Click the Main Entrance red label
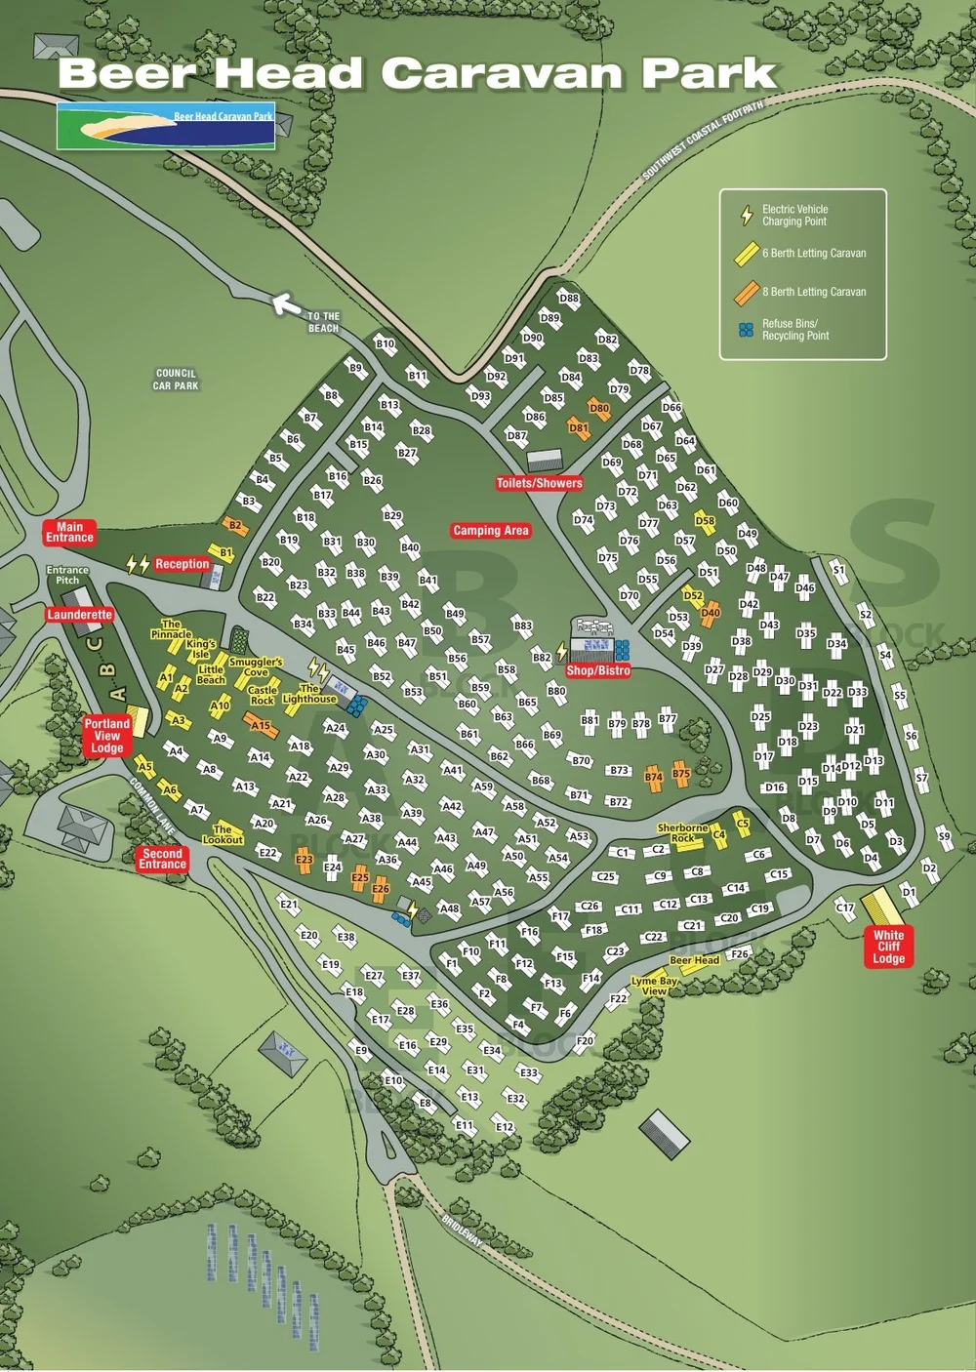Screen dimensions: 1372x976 click(x=69, y=532)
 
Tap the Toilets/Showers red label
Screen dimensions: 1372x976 click(x=539, y=483)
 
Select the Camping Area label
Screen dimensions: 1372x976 click(x=490, y=531)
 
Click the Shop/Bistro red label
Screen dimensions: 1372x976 click(x=598, y=671)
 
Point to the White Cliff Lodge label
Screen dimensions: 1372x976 click(x=888, y=947)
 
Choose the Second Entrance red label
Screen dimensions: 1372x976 click(x=162, y=859)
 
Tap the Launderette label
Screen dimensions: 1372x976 click(x=80, y=615)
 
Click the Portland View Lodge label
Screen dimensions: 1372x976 click(x=106, y=736)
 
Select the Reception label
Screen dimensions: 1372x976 click(x=183, y=564)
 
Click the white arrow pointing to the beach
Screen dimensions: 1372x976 click(x=286, y=305)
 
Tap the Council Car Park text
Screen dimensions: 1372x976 click(x=176, y=380)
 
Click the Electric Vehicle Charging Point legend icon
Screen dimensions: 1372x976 click(x=747, y=216)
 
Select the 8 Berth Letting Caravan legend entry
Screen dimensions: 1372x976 click(x=800, y=292)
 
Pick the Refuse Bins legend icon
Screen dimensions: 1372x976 click(x=747, y=331)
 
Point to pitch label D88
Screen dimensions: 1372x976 click(x=569, y=299)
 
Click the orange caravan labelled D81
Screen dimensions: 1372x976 click(x=579, y=428)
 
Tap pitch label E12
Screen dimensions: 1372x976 click(x=504, y=1127)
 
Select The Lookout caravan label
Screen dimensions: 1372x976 click(x=223, y=834)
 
